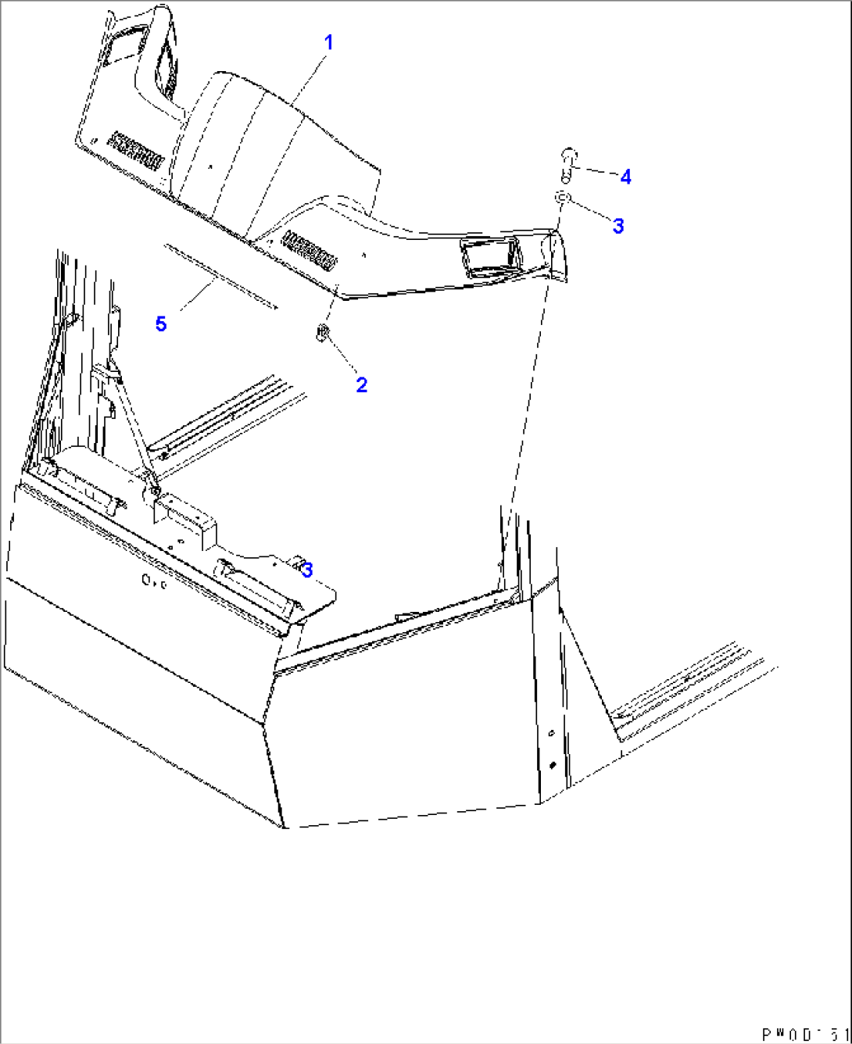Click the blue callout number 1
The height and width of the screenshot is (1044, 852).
pos(329,42)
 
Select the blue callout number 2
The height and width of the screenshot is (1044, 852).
pos(361,384)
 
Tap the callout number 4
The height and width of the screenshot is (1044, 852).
pos(625,177)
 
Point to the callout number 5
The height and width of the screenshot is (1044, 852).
pos(161,324)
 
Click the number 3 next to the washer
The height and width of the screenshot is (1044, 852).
pos(618,226)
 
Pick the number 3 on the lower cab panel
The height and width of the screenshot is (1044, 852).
pos(307,570)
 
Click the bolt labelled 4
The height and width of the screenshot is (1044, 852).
pos(568,159)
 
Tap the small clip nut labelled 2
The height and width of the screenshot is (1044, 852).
pos(321,334)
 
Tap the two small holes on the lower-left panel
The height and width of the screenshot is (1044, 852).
pos(153,581)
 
